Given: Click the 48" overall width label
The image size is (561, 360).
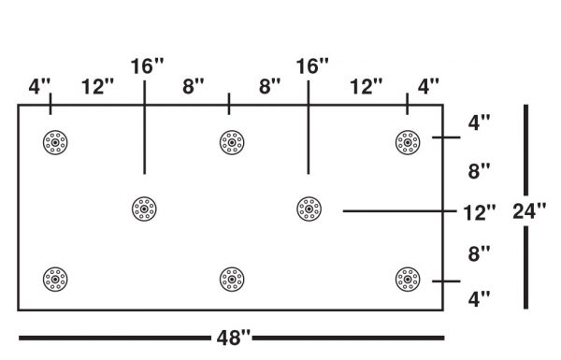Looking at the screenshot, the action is (x=232, y=338).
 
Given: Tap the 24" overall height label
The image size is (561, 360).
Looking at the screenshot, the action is (x=529, y=210).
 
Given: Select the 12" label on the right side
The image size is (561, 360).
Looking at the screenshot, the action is (x=479, y=212).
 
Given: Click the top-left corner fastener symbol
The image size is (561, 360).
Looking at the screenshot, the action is (x=55, y=142).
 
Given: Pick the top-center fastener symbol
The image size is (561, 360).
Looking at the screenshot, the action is (x=231, y=142).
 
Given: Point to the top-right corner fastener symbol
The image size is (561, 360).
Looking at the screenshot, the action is (x=407, y=142).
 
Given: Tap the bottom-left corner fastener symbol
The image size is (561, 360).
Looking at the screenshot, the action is (x=55, y=279).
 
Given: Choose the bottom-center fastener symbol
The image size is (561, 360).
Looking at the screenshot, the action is (x=231, y=279).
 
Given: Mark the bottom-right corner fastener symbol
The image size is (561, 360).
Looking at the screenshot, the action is (x=407, y=279).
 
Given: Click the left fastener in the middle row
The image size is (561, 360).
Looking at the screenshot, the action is (x=144, y=208).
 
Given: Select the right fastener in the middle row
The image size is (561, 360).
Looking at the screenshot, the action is (x=308, y=208).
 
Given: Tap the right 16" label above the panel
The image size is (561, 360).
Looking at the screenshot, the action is (x=312, y=67).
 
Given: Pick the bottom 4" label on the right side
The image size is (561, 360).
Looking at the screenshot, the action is (x=479, y=299).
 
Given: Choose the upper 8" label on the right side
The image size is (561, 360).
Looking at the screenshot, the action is (x=479, y=171).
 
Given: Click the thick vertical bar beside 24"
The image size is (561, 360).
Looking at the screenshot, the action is (x=526, y=150).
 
